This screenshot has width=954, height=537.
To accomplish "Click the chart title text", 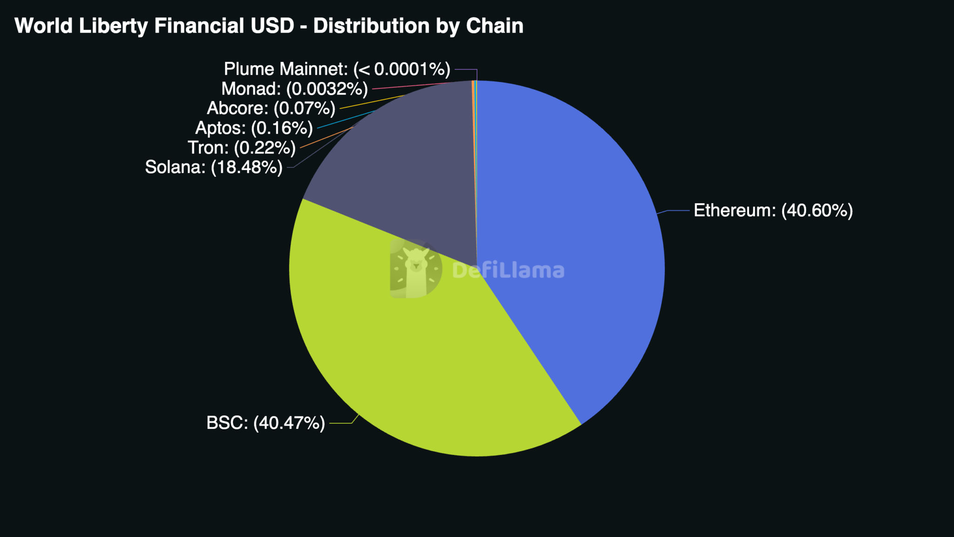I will [269, 26].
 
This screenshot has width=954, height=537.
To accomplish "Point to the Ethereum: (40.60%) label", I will [773, 211].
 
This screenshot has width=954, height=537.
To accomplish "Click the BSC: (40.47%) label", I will [266, 423].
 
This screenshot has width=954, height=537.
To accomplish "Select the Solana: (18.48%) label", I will [214, 167].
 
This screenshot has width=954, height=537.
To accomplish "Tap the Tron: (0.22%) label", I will [241, 148].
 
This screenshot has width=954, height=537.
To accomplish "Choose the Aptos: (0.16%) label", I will [254, 128].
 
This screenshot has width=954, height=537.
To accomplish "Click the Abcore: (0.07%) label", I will [271, 109].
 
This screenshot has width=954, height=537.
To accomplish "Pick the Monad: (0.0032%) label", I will [294, 89].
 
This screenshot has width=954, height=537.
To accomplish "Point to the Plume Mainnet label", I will [337, 69].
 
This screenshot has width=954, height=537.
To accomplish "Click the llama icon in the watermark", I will [416, 269].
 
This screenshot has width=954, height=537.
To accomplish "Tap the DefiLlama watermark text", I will [508, 270].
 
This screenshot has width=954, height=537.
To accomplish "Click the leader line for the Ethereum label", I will [678, 211].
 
